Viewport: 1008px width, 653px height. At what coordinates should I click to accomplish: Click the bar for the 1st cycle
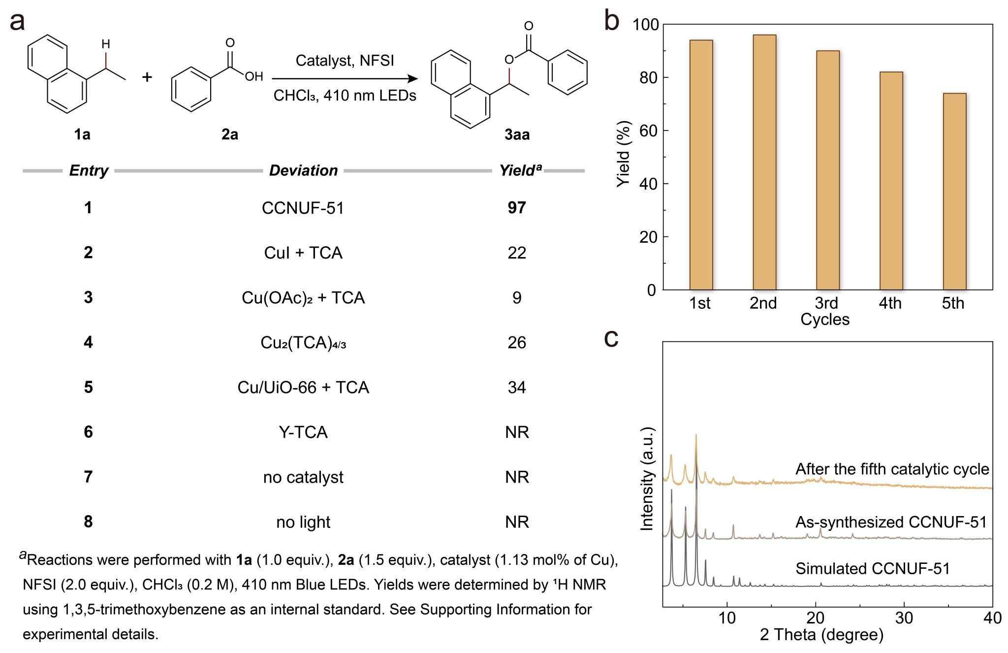(x=701, y=164)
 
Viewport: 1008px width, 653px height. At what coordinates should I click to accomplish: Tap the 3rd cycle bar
(x=828, y=170)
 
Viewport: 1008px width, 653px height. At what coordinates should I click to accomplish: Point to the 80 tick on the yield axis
(x=648, y=78)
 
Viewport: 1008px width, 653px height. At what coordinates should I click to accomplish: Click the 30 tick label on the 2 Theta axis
(x=904, y=618)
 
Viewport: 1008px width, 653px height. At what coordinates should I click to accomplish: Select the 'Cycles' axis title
(x=825, y=319)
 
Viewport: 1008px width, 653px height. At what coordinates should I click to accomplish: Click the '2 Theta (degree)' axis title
(x=821, y=634)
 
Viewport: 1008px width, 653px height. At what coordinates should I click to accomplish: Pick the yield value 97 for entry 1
(x=517, y=208)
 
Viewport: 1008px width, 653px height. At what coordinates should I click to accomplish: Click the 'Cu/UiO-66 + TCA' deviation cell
(x=303, y=388)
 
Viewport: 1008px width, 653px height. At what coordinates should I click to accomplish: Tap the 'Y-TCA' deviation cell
(x=303, y=432)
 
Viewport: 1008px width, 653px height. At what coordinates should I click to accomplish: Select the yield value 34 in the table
(x=517, y=388)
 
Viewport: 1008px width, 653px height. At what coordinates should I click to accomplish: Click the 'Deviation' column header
(x=303, y=170)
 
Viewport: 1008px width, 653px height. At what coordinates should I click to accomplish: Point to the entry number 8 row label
(x=88, y=522)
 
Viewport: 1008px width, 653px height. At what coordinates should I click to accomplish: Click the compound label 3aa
(x=517, y=134)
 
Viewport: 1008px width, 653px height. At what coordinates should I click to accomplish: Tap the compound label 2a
(x=229, y=134)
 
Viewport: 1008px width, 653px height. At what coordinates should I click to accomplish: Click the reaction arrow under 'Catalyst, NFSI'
(x=345, y=79)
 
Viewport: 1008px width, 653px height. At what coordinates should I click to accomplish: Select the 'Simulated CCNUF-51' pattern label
(x=872, y=569)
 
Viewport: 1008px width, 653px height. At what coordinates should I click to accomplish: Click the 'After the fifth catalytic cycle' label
(x=892, y=469)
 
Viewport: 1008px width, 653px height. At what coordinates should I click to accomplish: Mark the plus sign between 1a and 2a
(x=147, y=77)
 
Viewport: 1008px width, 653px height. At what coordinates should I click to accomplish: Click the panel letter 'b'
(x=612, y=21)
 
